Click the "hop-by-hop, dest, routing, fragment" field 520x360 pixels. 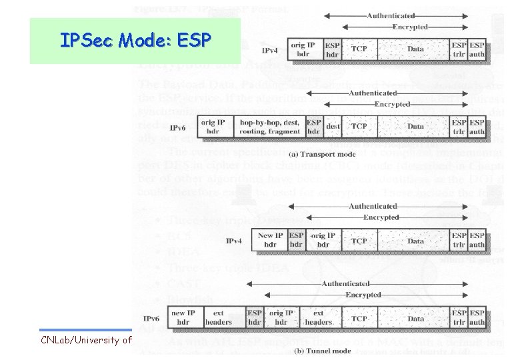[x=269, y=127]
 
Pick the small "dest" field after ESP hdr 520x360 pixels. [x=333, y=127]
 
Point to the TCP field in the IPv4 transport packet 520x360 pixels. [x=359, y=49]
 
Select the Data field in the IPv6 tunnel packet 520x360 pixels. [x=415, y=318]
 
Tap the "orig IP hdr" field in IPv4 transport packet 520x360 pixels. [x=303, y=49]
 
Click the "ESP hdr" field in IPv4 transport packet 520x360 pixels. [x=332, y=49]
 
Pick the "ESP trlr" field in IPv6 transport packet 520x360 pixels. [x=459, y=127]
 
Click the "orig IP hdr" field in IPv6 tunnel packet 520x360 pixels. [x=281, y=317]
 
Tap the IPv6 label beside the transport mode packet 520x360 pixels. [x=178, y=127]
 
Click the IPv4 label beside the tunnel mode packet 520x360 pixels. [x=235, y=241]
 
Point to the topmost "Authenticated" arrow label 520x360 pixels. [x=391, y=15]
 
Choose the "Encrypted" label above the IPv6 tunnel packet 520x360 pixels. [x=363, y=295]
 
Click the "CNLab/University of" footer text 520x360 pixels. [x=85, y=341]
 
